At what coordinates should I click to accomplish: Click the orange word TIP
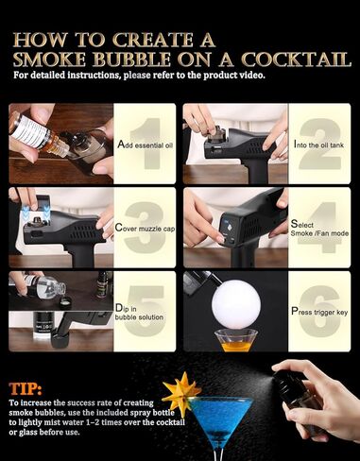click(31, 388)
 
